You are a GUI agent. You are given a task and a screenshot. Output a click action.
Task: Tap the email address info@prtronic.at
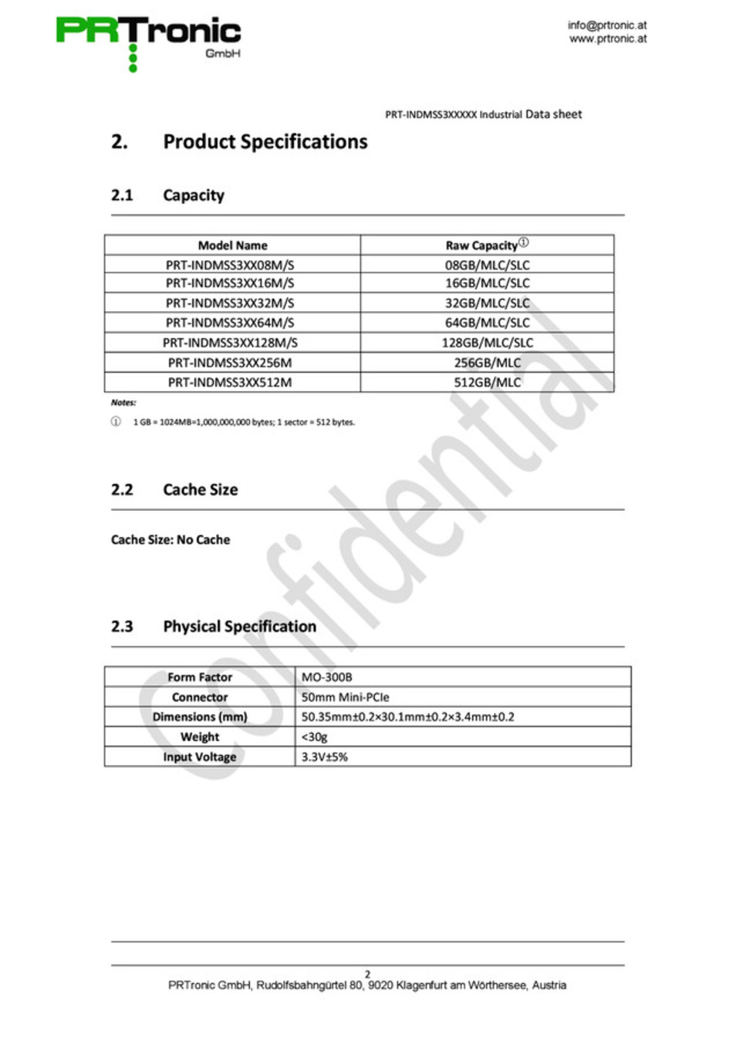[607, 25]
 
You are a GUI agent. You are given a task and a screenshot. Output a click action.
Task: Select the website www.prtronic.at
[608, 39]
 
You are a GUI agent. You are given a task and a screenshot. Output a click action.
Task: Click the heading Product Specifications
[265, 142]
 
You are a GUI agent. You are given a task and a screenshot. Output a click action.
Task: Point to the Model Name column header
[232, 245]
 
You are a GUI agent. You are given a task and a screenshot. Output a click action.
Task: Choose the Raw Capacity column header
[482, 245]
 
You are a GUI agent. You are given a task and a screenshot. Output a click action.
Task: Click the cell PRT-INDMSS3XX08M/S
[230, 265]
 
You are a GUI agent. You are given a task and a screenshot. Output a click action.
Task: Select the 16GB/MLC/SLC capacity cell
[487, 283]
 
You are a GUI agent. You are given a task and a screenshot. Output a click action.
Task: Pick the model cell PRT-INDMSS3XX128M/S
[230, 343]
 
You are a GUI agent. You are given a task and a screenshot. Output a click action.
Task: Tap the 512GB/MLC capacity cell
[487, 382]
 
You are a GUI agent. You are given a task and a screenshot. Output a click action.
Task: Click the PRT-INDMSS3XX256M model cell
[230, 363]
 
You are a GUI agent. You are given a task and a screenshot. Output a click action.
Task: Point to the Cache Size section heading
[200, 489]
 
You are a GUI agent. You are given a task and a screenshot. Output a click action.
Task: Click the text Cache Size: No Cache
[170, 540]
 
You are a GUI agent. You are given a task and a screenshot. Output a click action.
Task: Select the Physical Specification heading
[239, 626]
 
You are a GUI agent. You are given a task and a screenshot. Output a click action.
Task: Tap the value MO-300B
[326, 677]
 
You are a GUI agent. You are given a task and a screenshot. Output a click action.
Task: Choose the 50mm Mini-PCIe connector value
[345, 697]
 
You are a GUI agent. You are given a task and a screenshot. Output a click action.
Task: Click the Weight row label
[200, 737]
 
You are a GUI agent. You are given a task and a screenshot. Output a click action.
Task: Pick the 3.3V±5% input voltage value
[324, 757]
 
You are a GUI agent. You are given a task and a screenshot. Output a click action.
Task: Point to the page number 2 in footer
[367, 974]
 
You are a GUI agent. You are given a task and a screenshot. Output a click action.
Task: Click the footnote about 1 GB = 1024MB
[244, 422]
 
